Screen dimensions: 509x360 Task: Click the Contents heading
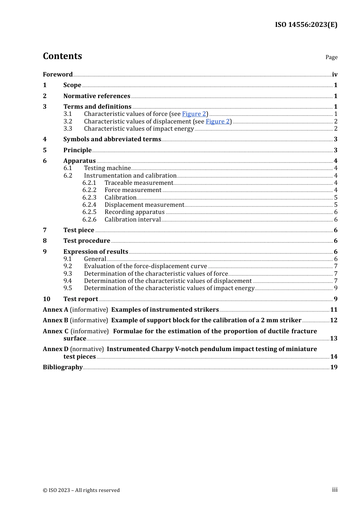point(62,56)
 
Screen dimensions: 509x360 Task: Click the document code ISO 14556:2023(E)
point(306,25)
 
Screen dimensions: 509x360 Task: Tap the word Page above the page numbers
point(331,57)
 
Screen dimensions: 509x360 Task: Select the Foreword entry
point(58,74)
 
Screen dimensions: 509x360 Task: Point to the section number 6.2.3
point(89,197)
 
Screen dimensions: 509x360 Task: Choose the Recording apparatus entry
point(135,212)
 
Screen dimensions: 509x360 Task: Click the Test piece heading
point(79,230)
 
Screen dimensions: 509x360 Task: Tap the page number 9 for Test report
point(335,299)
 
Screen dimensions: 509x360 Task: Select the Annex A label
point(55,309)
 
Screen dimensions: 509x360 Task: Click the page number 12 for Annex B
point(333,320)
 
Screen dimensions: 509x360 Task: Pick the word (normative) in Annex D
point(87,349)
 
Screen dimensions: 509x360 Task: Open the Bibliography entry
point(63,367)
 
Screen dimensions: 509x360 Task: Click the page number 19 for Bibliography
point(333,367)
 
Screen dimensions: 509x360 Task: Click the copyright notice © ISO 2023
point(81,490)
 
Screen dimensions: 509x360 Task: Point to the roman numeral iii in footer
point(335,490)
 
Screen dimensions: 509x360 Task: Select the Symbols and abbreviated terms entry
point(112,139)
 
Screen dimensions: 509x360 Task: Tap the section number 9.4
point(67,281)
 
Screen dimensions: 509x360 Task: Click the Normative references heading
point(97,96)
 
